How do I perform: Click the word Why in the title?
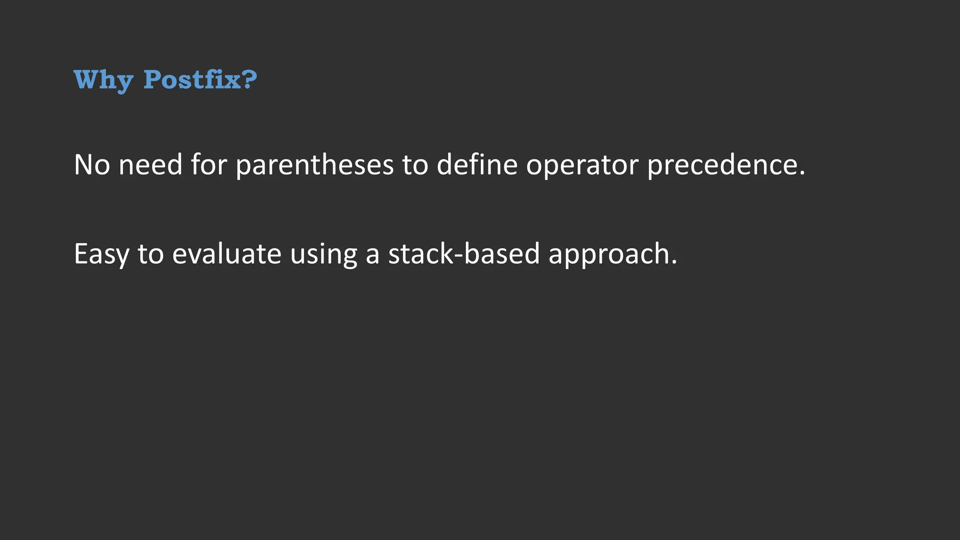(x=103, y=80)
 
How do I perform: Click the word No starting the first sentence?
(x=92, y=165)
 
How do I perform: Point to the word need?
(x=150, y=165)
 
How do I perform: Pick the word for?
(x=209, y=165)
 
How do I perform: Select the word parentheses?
(x=315, y=165)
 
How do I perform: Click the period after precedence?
(x=802, y=173)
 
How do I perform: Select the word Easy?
(x=101, y=254)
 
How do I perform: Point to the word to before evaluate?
(x=150, y=254)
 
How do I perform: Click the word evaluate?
(x=227, y=254)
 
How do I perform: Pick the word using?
(x=323, y=255)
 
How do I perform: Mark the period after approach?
(x=674, y=262)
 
